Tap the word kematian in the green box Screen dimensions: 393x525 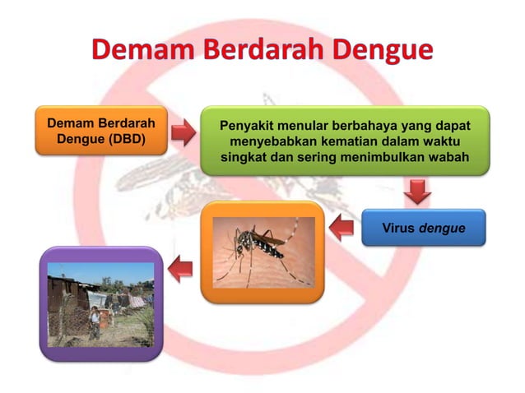[351, 141]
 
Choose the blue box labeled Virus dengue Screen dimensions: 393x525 [423, 228]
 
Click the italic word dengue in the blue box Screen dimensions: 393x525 [441, 228]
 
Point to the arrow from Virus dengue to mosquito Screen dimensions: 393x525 [341, 229]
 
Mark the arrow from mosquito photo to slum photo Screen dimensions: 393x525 [181, 267]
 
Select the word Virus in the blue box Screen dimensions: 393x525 [398, 228]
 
